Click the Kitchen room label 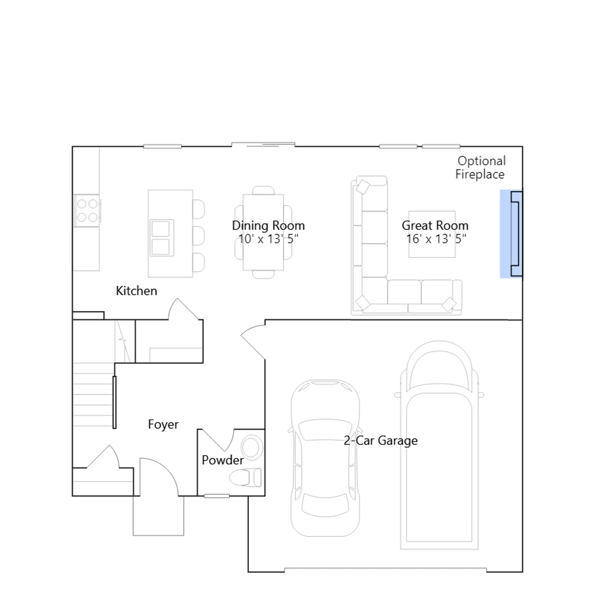(x=136, y=291)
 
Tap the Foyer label (x=163, y=424)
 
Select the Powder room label (x=223, y=460)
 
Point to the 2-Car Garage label (x=381, y=441)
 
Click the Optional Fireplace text (x=480, y=167)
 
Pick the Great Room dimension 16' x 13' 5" (x=436, y=238)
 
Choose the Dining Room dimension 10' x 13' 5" (x=268, y=238)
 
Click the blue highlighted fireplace (x=511, y=234)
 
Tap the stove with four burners (x=87, y=211)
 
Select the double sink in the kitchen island (x=162, y=238)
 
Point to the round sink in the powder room (x=252, y=447)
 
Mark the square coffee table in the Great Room (x=432, y=234)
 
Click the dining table (x=263, y=232)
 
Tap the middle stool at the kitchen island (x=199, y=236)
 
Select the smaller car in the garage (x=325, y=458)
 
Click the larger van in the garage (x=439, y=445)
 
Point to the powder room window (x=217, y=496)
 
